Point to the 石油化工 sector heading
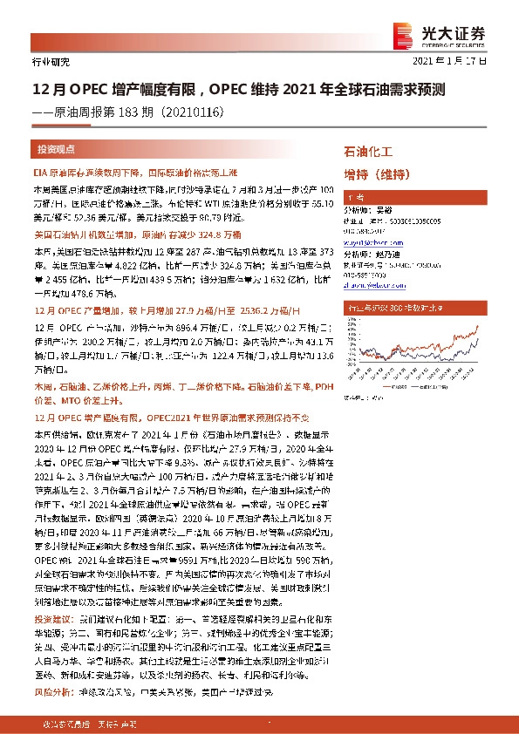tap(370, 151)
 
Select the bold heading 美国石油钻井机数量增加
tap(85, 235)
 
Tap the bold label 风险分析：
tap(52, 668)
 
